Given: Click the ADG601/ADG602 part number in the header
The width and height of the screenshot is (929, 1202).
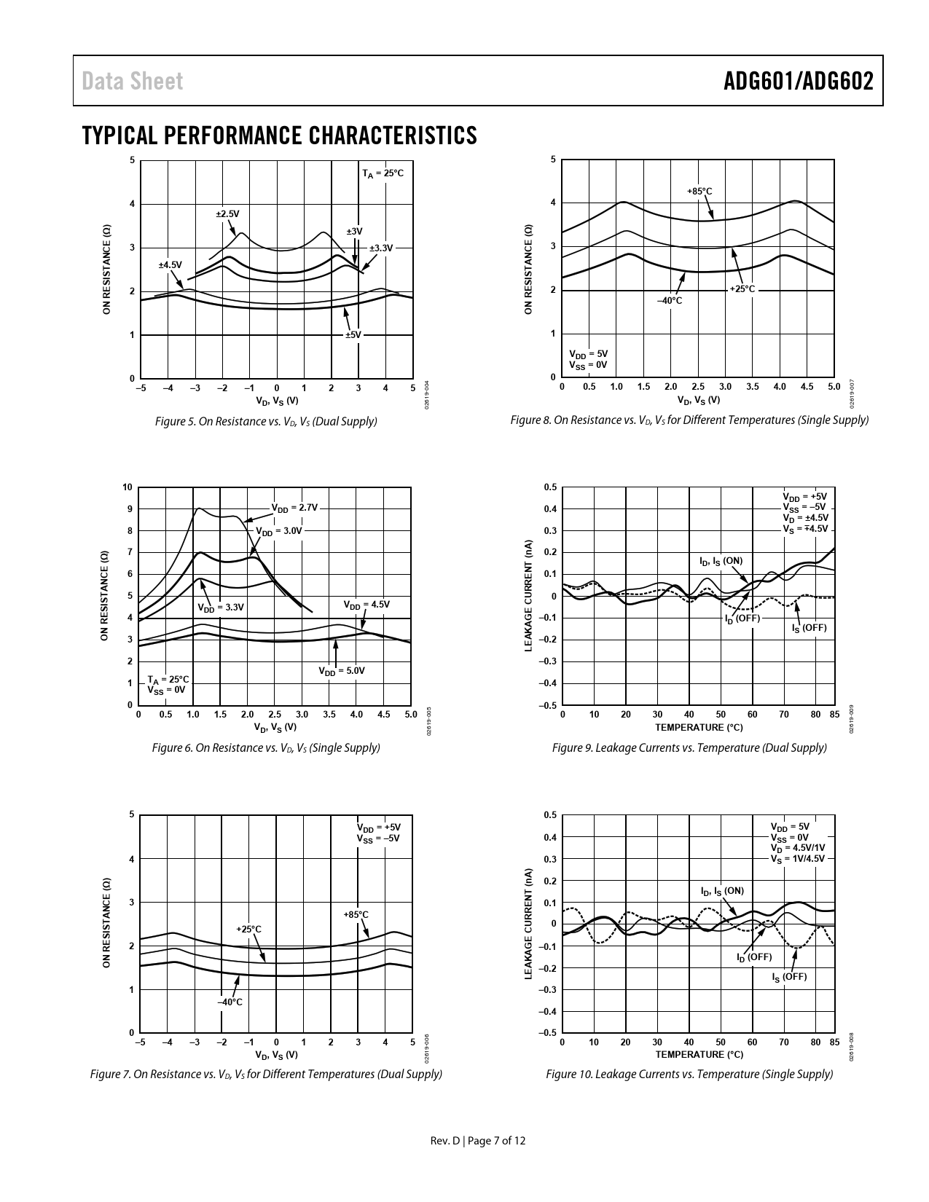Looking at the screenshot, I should tap(798, 82).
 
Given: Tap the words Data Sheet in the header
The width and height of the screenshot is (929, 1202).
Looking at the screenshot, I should tap(133, 82).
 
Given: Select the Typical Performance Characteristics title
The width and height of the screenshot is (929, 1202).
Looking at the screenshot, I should tap(280, 135).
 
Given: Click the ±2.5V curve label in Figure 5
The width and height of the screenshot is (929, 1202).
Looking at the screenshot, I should tap(227, 213).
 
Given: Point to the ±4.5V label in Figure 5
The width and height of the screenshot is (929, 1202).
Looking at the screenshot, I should tap(170, 264).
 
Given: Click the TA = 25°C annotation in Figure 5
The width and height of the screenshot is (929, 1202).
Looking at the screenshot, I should tap(383, 173).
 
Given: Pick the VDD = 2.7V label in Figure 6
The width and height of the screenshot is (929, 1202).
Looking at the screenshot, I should tap(294, 508).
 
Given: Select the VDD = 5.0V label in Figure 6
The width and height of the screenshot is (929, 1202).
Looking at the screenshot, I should tap(341, 671).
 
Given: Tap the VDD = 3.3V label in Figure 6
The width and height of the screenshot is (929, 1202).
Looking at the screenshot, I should tap(221, 607).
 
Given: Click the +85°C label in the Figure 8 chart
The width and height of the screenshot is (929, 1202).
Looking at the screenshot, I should tap(699, 191).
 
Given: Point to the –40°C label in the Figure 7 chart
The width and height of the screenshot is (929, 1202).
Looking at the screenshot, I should tap(230, 1002).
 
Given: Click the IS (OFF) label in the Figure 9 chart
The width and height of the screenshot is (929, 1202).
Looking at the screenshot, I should tap(810, 627).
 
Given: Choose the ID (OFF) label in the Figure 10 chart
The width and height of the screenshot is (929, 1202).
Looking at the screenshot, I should tap(754, 957).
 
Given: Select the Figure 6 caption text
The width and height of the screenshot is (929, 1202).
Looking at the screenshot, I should tap(266, 747).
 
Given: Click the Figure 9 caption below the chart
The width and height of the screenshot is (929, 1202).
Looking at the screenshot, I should tap(689, 747).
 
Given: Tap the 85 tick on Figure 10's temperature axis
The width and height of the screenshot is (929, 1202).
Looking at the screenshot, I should tap(834, 1042).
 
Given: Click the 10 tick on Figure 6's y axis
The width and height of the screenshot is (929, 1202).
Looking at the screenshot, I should tap(128, 487).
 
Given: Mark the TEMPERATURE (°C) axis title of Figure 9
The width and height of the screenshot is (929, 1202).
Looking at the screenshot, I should tap(699, 727).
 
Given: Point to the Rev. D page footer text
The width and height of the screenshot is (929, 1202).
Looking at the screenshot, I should tap(478, 1141).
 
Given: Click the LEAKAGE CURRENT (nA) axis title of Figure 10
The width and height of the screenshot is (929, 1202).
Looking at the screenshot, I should tap(529, 923).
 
